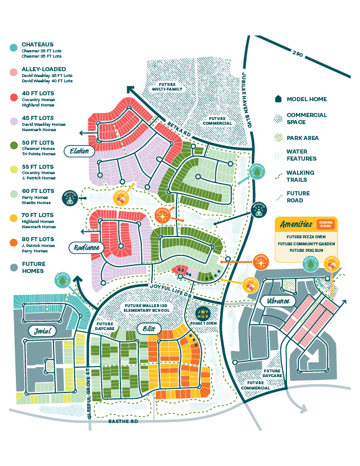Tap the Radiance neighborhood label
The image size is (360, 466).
(86, 248)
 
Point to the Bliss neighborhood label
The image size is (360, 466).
(146, 328)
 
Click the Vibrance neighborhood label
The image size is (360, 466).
(277, 301)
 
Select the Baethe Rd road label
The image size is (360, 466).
(124, 421)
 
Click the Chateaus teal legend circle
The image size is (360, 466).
(13, 47)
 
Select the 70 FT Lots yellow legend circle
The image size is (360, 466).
(13, 218)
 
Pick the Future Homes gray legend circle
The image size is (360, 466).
(13, 267)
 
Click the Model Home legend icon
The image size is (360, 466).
(278, 99)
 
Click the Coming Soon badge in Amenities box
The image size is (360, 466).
(325, 225)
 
